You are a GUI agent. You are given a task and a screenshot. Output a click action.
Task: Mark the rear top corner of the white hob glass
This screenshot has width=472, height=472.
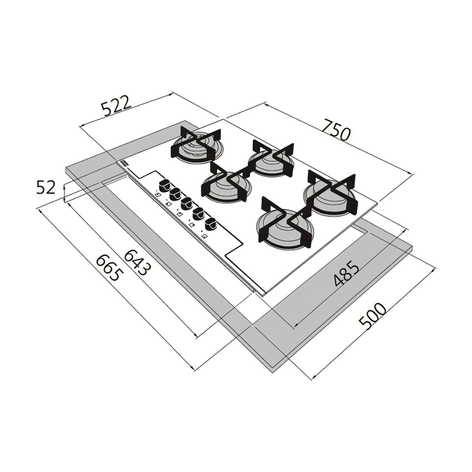pos(223,119)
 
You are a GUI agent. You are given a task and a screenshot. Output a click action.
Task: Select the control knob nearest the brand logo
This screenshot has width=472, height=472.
pos(164,186)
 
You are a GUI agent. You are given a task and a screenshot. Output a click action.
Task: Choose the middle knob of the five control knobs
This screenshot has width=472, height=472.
pos(187,203)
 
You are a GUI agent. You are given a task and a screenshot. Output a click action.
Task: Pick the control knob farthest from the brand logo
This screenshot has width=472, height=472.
pos(211,224)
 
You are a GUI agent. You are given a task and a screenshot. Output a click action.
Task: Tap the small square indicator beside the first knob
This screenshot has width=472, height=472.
pos(157,195)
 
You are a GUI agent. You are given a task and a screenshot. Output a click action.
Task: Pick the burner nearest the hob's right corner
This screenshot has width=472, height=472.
pos(330,194)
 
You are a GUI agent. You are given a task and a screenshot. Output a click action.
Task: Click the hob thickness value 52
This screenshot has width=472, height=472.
pos(46,187)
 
